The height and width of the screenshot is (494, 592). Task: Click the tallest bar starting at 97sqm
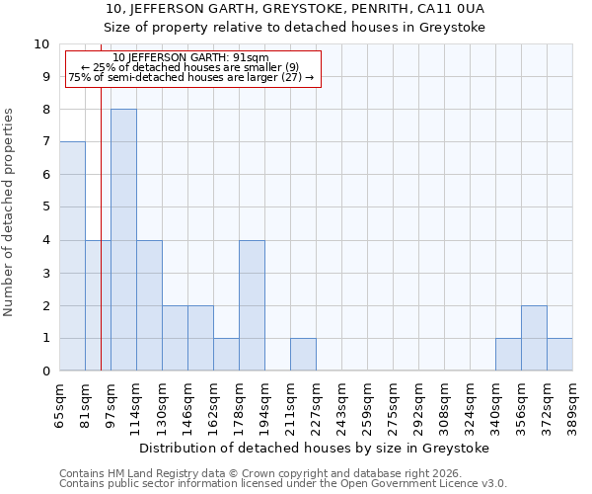(123, 240)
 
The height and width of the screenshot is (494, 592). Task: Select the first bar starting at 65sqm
(72, 256)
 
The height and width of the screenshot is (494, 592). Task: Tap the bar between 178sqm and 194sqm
(252, 305)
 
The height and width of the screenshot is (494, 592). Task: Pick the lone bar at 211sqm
(303, 354)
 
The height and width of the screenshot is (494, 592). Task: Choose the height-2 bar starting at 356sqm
(534, 338)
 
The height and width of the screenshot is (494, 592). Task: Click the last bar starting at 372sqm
(559, 354)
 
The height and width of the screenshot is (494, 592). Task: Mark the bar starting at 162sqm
(226, 354)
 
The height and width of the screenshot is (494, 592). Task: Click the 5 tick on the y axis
(44, 207)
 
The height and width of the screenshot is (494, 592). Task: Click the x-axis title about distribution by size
(315, 448)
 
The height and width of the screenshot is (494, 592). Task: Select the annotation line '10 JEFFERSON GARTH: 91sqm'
(190, 58)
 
